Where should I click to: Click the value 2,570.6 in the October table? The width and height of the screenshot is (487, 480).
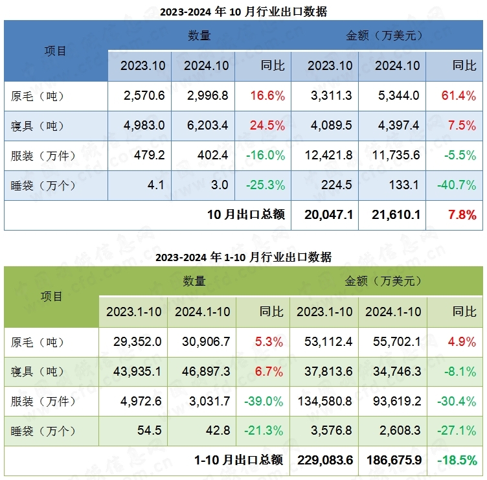click(144, 96)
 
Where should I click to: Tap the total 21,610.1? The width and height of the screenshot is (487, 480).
click(396, 214)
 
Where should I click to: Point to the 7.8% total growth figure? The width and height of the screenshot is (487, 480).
click(462, 214)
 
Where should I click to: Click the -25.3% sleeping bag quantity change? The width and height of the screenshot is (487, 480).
click(265, 185)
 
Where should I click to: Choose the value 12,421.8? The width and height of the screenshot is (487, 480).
click(330, 155)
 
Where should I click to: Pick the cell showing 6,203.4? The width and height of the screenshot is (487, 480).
click(206, 126)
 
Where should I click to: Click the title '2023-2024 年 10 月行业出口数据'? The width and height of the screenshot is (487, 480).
click(243, 11)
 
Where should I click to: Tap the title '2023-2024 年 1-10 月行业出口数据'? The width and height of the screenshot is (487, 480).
click(243, 257)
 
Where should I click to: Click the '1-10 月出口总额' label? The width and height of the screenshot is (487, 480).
click(238, 461)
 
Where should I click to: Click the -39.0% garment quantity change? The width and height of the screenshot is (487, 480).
click(264, 402)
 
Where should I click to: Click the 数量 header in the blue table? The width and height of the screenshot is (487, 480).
click(199, 36)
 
